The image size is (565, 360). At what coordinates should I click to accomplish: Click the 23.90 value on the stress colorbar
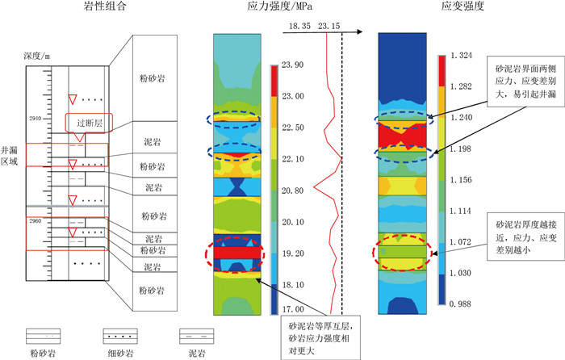click(x=294, y=65)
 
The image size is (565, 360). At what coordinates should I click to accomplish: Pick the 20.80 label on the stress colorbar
click(x=294, y=190)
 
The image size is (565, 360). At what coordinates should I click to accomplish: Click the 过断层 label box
click(x=88, y=123)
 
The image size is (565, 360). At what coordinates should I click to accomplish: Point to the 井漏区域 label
click(x=11, y=153)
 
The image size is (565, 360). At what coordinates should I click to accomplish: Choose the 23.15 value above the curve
click(x=329, y=27)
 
